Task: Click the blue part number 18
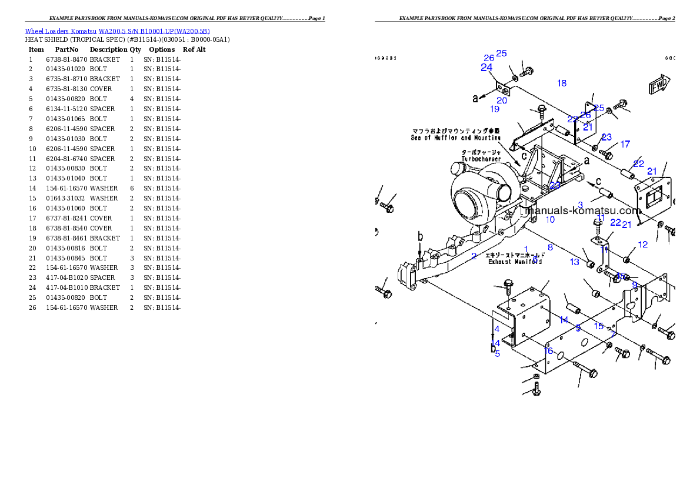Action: pyautogui.click(x=562, y=83)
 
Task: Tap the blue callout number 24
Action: pyautogui.click(x=486, y=68)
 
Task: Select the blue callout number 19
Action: pyautogui.click(x=495, y=109)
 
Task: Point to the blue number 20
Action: pyautogui.click(x=502, y=101)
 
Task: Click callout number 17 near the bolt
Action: pyautogui.click(x=625, y=144)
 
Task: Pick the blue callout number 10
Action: pyautogui.click(x=550, y=220)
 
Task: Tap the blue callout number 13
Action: pyautogui.click(x=574, y=262)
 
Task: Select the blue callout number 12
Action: pyautogui.click(x=642, y=245)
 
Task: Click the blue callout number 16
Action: pyautogui.click(x=548, y=351)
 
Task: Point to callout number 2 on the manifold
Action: pyautogui.click(x=474, y=256)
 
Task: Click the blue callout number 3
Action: pyautogui.click(x=580, y=205)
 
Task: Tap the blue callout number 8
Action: pyautogui.click(x=550, y=247)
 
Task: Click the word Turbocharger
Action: pyautogui.click(x=481, y=159)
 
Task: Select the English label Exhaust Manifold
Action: pyautogui.click(x=515, y=262)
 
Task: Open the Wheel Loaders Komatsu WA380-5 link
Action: pyautogui.click(x=117, y=31)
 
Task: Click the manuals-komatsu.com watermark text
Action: pyautogui.click(x=582, y=210)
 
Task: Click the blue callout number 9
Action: pyautogui.click(x=635, y=285)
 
